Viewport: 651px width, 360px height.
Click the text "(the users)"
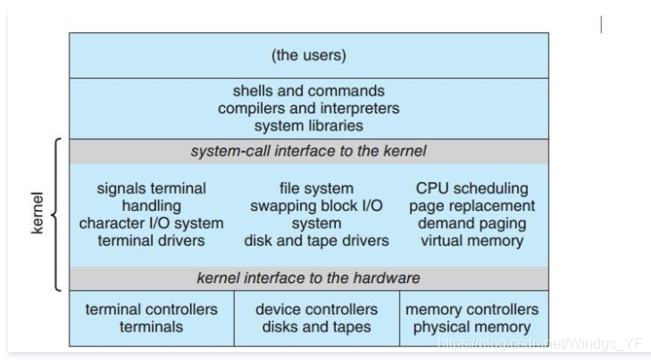click(308, 55)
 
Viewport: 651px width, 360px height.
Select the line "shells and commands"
click(308, 91)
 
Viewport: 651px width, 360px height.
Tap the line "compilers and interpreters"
click(308, 108)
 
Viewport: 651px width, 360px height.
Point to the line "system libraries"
click(308, 126)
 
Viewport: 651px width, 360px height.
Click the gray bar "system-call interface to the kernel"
click(308, 151)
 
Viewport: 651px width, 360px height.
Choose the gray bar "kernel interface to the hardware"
click(308, 278)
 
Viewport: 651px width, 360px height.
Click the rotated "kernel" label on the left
click(37, 215)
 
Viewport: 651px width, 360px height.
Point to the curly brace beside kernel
click(56, 215)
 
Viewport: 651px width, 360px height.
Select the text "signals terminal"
click(151, 188)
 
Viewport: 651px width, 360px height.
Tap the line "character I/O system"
click(151, 223)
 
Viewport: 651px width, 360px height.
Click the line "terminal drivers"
click(151, 240)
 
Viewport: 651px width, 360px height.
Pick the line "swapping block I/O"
click(316, 205)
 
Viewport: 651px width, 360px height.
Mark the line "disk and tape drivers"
click(316, 240)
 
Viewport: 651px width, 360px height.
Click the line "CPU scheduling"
click(472, 188)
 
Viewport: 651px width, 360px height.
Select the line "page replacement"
click(472, 205)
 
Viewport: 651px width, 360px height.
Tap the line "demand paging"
click(472, 223)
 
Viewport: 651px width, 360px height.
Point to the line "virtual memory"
click(472, 240)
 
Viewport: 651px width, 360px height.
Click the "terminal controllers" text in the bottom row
click(151, 309)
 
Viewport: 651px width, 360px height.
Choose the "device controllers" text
click(316, 309)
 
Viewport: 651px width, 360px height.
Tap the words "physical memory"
click(472, 327)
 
